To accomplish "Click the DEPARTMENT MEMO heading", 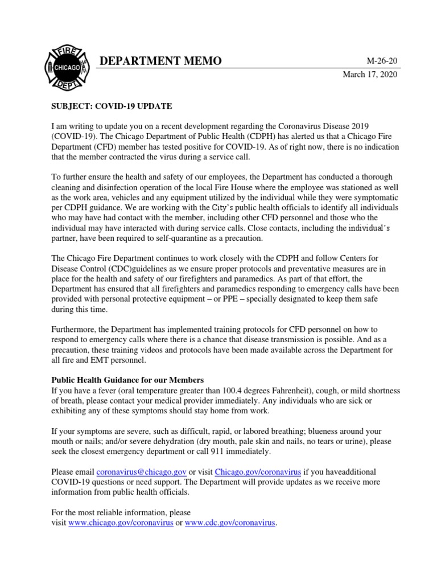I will click(160, 61).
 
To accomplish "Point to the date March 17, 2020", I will click(370, 75).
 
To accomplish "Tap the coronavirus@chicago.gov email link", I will click(142, 472).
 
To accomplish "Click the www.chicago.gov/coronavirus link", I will click(121, 523).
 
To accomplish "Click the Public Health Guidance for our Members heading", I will click(127, 380).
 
